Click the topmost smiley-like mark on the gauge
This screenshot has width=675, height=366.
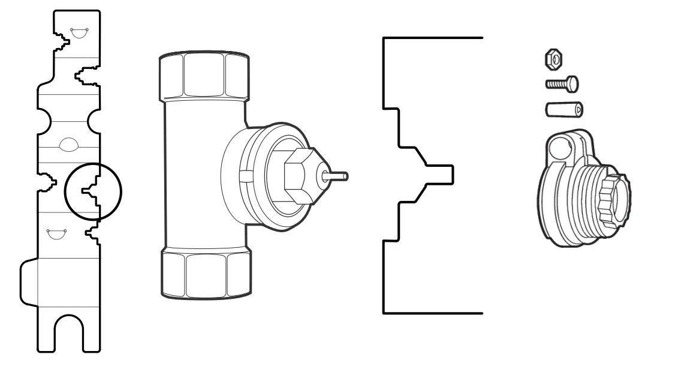(x=79, y=31)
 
